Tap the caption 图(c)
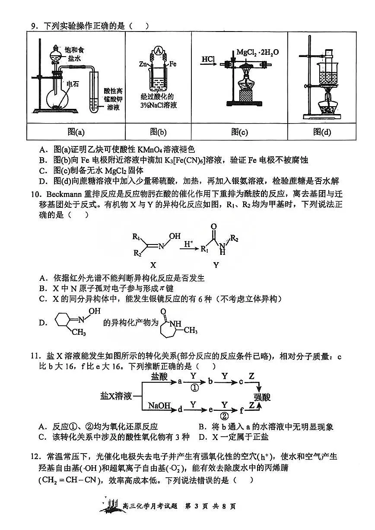(239, 132)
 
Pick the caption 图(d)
(322, 132)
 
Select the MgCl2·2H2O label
(257, 52)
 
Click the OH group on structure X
(175, 236)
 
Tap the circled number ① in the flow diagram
(194, 387)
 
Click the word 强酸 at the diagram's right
(263, 397)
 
